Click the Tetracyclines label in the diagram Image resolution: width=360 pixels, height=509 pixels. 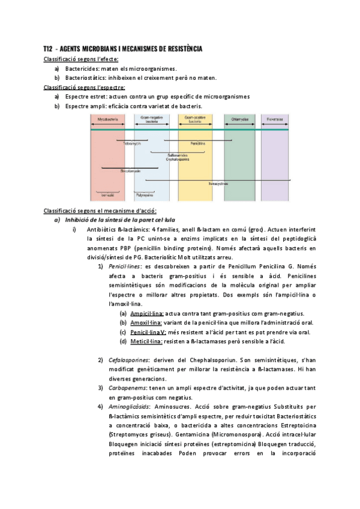(218, 184)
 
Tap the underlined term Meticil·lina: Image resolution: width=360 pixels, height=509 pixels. (146, 342)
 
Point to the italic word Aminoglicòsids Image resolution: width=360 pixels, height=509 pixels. (130, 406)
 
